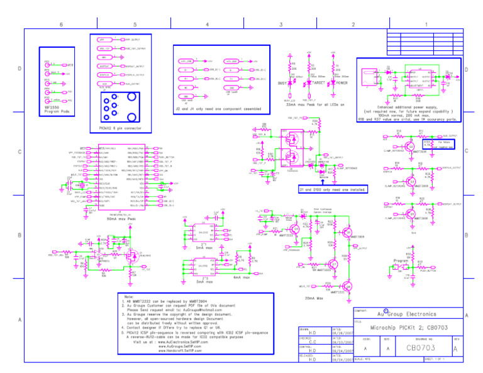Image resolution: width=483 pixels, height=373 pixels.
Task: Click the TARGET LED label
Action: point(319,82)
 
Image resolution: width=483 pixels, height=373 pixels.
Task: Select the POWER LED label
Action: point(342,82)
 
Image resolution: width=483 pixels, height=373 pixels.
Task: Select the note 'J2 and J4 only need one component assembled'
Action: point(221,108)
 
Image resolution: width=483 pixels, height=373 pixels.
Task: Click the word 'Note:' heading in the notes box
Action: point(130,297)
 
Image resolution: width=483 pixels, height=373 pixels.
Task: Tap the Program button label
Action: point(401,260)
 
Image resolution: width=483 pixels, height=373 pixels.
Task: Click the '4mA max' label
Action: point(241,276)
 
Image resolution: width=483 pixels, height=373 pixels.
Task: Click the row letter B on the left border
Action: point(19,235)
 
